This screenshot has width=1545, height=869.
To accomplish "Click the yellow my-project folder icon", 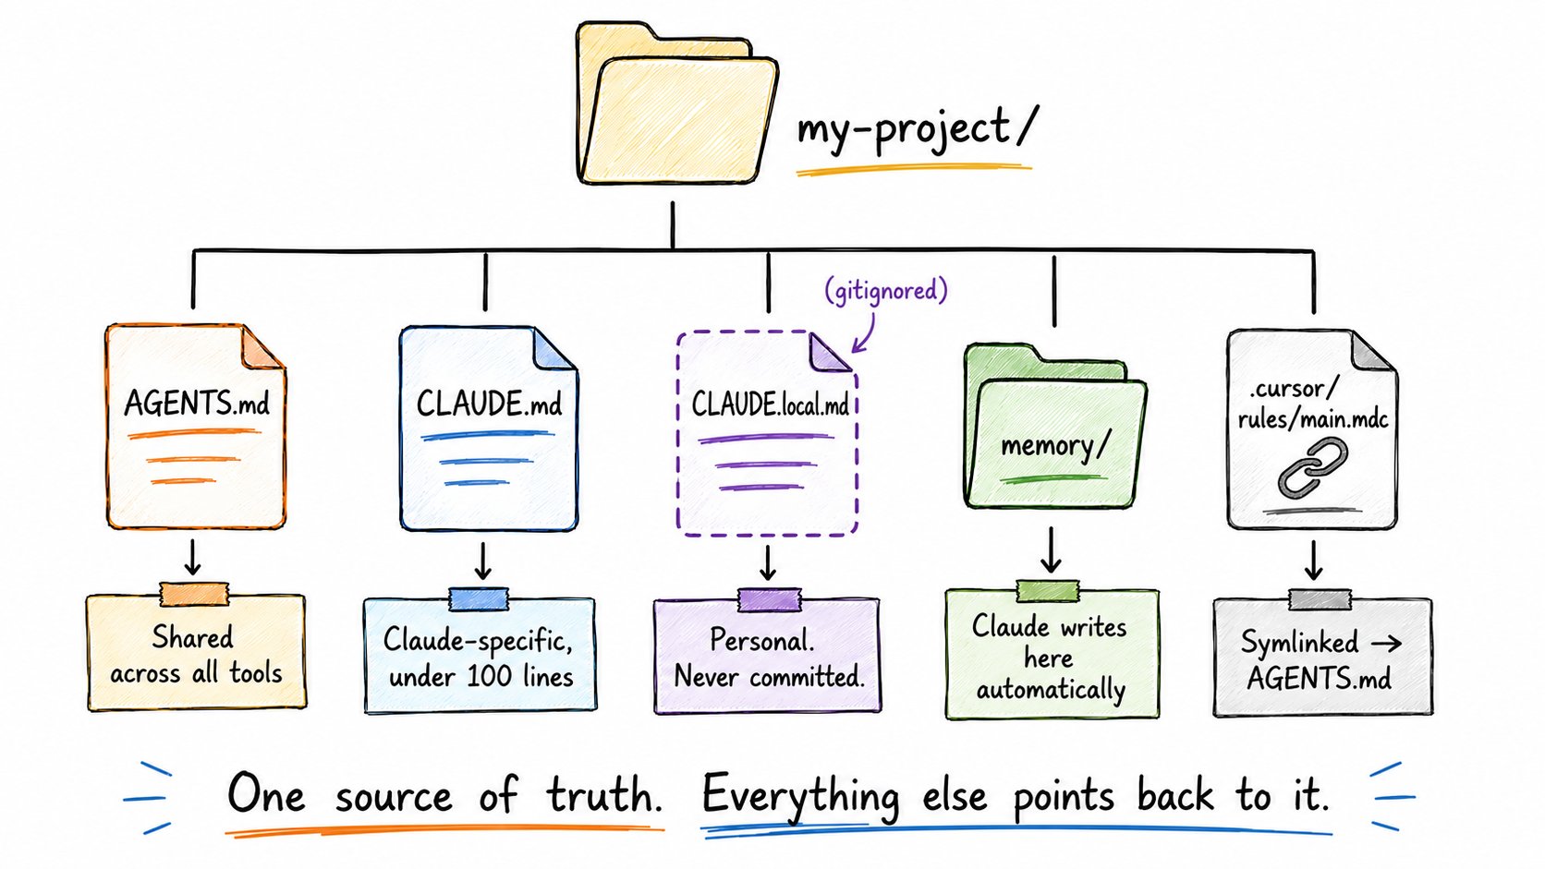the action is tap(677, 103).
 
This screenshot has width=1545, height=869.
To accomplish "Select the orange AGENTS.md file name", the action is tap(197, 403).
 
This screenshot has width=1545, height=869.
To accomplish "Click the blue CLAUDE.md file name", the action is tap(489, 404).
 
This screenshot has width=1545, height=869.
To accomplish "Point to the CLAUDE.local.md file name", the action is tap(770, 404).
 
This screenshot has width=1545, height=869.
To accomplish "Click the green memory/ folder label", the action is tap(1054, 446).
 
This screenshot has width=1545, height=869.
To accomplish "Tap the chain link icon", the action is tap(1312, 468).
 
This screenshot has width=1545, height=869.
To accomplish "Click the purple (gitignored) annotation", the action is tap(886, 290).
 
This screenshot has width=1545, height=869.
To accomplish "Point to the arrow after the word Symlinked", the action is tap(1386, 644).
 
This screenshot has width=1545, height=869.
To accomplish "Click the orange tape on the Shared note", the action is tap(194, 594).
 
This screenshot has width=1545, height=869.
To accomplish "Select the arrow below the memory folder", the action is tap(1051, 549).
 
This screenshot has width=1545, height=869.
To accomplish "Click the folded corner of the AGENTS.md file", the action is tap(262, 347).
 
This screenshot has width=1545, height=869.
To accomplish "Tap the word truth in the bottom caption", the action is tap(605, 795).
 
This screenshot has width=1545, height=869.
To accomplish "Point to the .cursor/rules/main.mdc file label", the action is tap(1312, 404).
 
